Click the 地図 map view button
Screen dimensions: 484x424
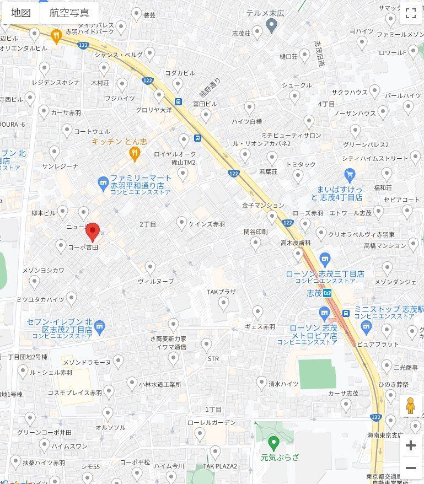(x=20, y=13)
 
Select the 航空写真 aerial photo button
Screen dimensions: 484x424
(x=69, y=13)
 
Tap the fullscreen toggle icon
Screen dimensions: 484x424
(x=410, y=14)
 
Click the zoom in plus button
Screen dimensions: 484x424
(x=410, y=446)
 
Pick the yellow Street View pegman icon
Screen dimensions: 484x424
(x=410, y=406)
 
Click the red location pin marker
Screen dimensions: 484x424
(x=93, y=232)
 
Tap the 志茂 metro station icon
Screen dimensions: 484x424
(x=328, y=293)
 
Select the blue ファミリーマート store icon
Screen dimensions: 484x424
(x=102, y=181)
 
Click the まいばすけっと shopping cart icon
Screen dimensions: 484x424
(x=349, y=175)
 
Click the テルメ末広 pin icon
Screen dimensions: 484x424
(x=271, y=25)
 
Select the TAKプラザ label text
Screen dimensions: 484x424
(x=221, y=292)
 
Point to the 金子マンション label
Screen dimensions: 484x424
(x=263, y=205)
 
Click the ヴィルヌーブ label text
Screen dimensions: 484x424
(x=155, y=281)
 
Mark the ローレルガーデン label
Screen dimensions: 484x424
(x=211, y=423)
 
